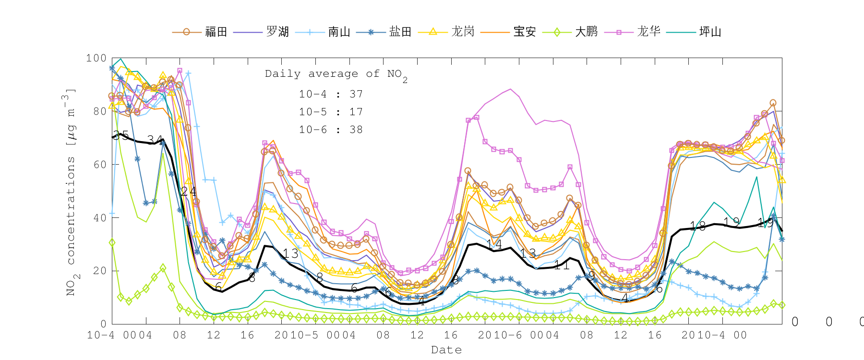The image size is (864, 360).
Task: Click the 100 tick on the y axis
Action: (96, 58)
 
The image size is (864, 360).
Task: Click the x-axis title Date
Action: (446, 350)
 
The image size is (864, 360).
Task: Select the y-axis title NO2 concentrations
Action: (71, 192)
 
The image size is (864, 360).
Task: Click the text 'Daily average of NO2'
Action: (336, 74)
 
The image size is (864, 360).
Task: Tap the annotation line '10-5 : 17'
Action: (331, 112)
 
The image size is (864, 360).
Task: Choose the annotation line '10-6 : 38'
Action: (331, 130)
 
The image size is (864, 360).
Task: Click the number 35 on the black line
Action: (120, 135)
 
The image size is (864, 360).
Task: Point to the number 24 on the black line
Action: (188, 192)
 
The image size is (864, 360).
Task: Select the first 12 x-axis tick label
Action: (214, 335)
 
